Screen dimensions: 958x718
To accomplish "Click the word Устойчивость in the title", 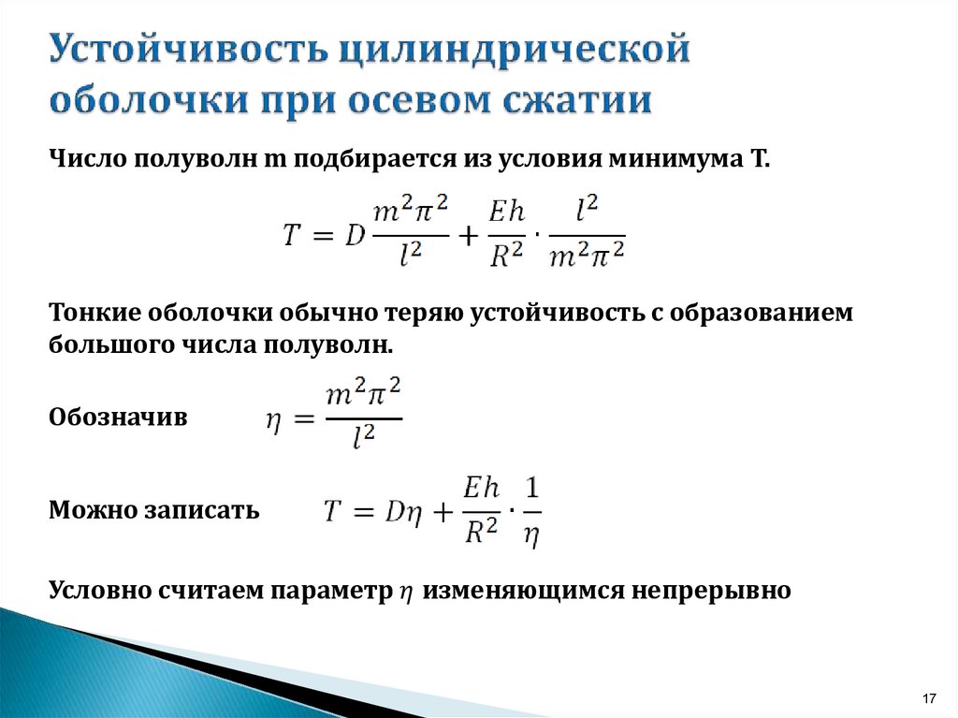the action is (x=187, y=49).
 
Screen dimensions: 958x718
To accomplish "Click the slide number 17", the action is (x=929, y=698).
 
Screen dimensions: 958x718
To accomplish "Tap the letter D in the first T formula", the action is (x=355, y=234).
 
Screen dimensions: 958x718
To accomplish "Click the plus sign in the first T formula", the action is (x=468, y=236).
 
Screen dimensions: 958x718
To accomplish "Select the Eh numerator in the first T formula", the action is (x=506, y=212).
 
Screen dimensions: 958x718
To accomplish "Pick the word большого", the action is (x=111, y=345).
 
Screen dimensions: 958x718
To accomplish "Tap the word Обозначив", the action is (x=118, y=418).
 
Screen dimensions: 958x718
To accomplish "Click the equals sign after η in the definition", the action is (x=304, y=419).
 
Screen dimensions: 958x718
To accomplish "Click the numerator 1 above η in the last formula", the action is (x=532, y=488).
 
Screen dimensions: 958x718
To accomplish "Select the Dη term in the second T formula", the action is (x=403, y=511).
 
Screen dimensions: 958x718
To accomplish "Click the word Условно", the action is (x=99, y=590).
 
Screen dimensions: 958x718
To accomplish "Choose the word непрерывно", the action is (x=711, y=591).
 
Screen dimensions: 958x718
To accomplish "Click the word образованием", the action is (x=761, y=313).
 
